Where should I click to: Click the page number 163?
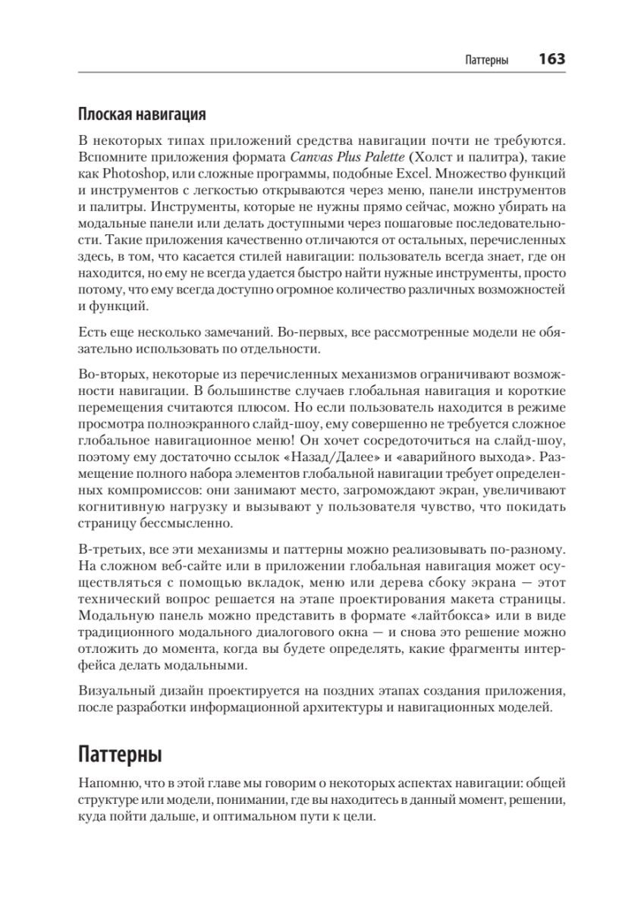[x=551, y=59]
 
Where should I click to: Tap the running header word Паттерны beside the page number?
[x=485, y=60]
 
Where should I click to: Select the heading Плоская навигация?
[x=143, y=115]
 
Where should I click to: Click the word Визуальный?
[x=112, y=692]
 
